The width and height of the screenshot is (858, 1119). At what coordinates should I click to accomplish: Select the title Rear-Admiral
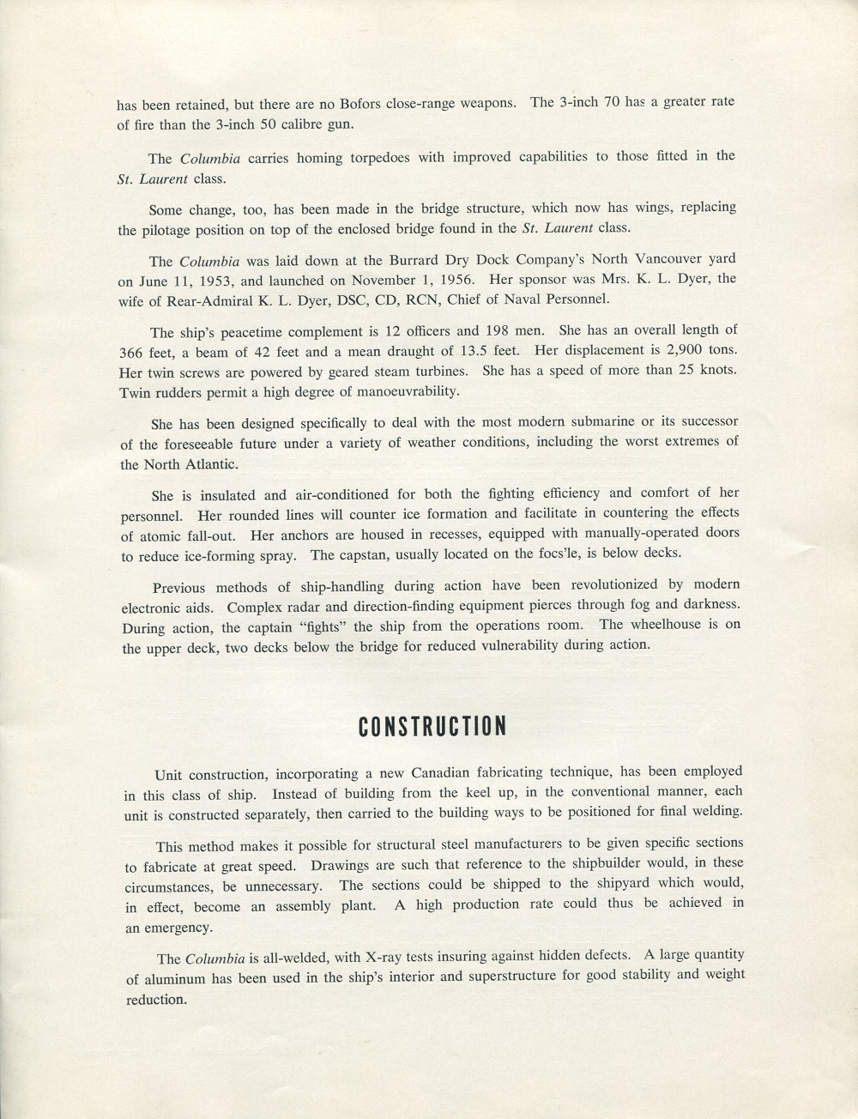194,299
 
